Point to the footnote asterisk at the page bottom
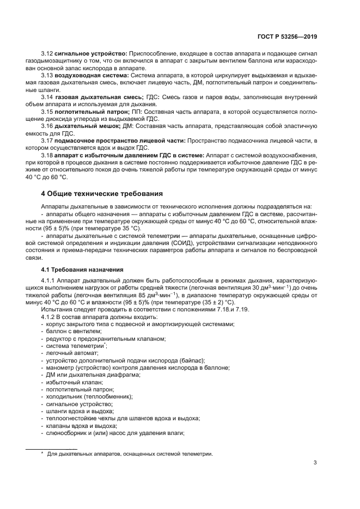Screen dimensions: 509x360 tap(42, 453)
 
